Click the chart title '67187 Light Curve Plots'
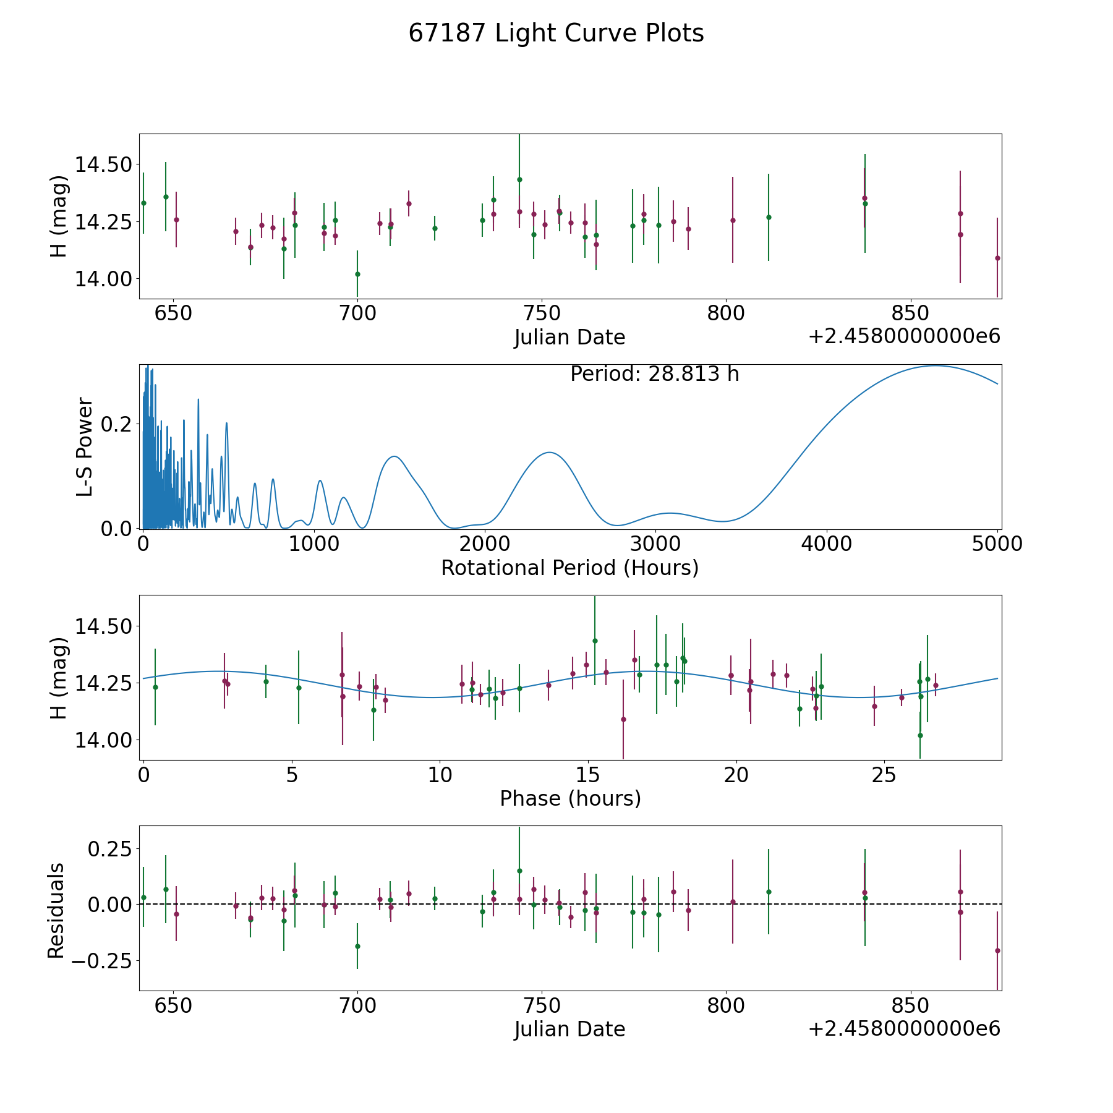tap(556, 33)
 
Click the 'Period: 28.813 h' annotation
tap(654, 374)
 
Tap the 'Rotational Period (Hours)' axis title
tap(569, 568)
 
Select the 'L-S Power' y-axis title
tap(85, 447)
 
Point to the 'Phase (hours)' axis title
tap(570, 798)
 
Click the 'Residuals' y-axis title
tap(56, 910)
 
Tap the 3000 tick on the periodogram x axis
tap(655, 544)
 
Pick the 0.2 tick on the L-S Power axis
tap(118, 424)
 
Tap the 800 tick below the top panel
tap(725, 313)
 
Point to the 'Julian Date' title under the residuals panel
tap(569, 1029)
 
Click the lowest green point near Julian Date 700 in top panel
tap(357, 274)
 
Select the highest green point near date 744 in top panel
tap(519, 179)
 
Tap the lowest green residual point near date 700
tap(357, 946)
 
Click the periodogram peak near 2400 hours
tap(549, 453)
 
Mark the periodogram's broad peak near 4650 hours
tap(935, 365)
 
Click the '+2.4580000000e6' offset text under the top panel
tap(904, 336)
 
